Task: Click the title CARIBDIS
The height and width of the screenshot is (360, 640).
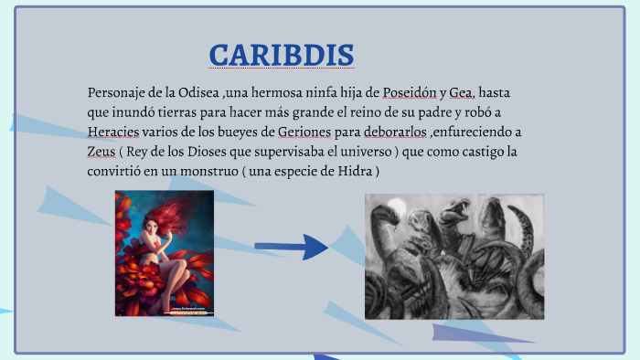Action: [281, 55]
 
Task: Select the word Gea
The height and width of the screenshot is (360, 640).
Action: [461, 93]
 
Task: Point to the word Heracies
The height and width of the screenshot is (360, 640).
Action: [112, 132]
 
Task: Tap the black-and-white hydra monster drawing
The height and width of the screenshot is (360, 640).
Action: [453, 255]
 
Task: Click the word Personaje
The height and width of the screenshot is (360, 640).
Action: [120, 93]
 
